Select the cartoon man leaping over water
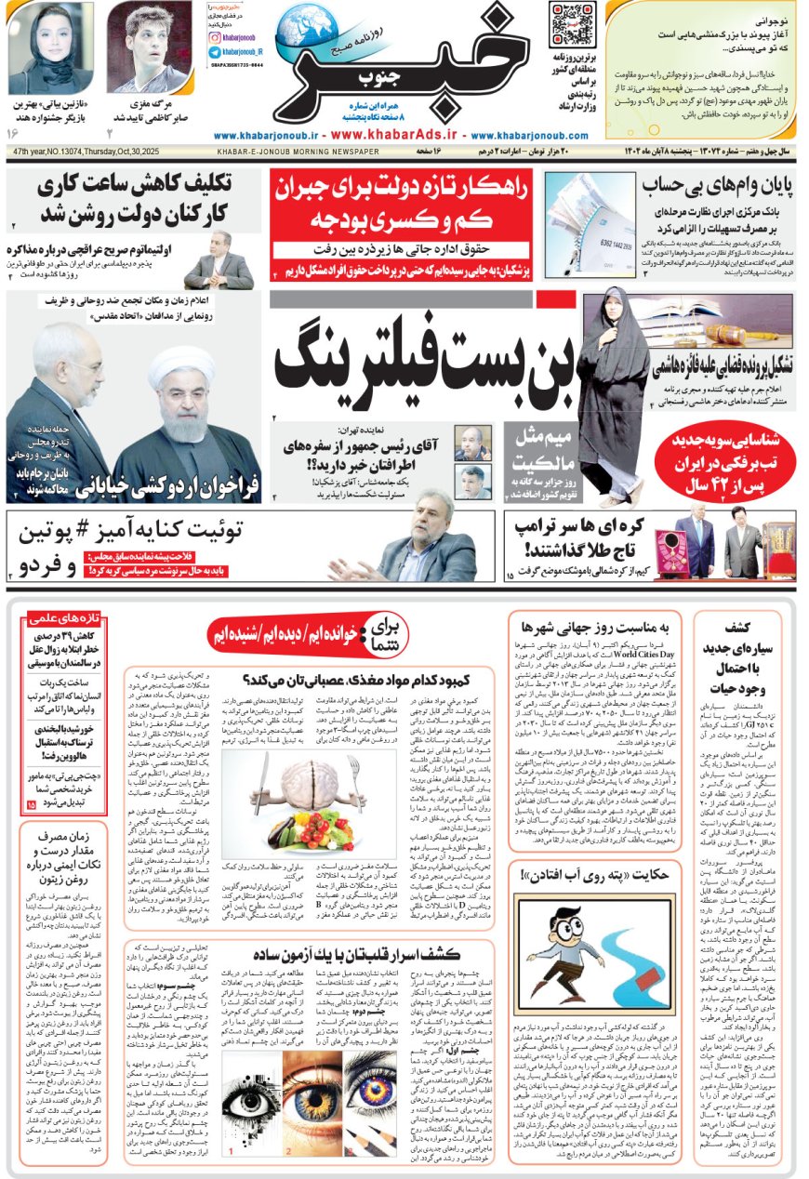pyautogui.click(x=560, y=959)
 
